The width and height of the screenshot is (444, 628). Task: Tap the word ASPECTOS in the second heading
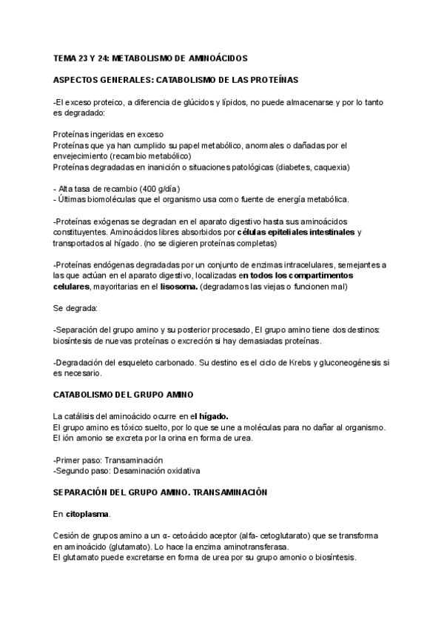[76, 79]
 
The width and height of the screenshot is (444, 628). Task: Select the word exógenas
[112, 222]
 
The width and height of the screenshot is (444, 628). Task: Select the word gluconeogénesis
[339, 363]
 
